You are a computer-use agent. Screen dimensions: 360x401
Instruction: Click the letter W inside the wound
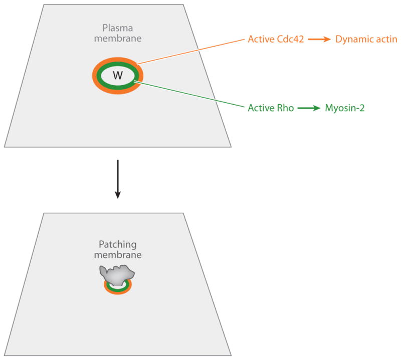[x=118, y=76]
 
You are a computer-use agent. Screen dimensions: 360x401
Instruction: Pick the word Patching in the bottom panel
[x=118, y=245]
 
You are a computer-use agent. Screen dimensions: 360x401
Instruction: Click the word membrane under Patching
[x=118, y=255]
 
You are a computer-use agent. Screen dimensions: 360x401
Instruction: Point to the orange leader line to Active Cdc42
[x=190, y=51]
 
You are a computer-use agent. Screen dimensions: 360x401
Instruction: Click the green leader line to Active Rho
[x=190, y=95]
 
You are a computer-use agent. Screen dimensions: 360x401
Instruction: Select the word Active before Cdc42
[x=260, y=38]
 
